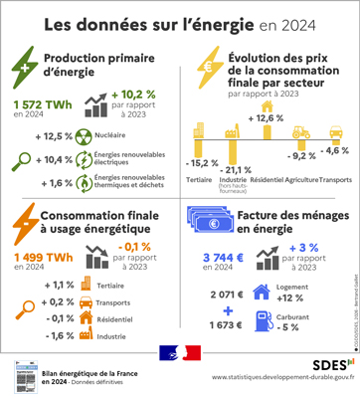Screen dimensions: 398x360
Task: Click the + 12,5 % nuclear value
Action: pos(53,134)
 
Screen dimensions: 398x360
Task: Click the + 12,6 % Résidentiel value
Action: pos(264,117)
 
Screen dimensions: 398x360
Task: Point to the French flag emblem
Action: pos(180,351)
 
